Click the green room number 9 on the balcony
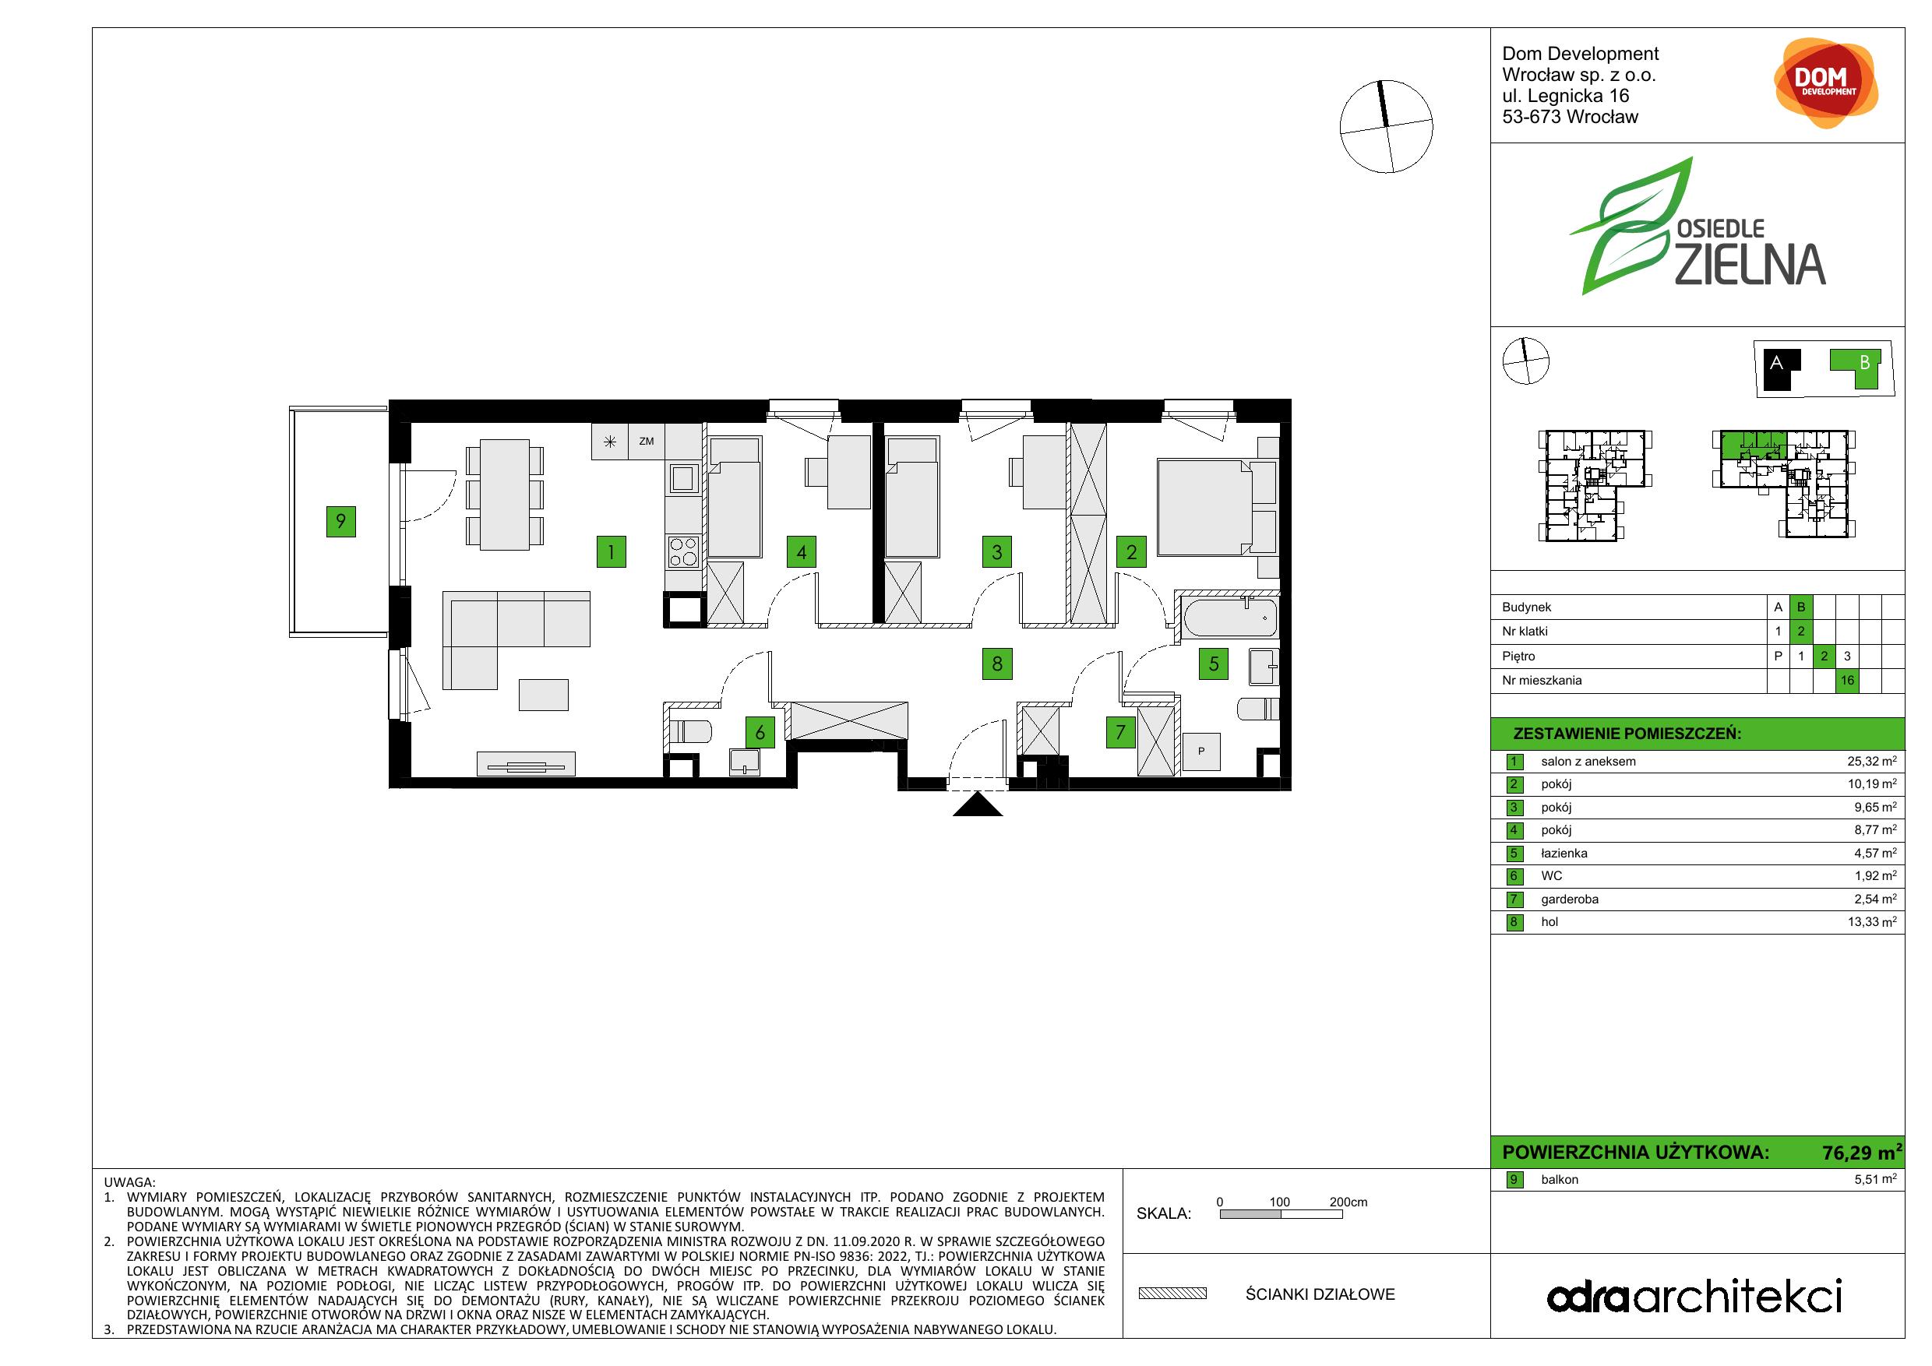(x=340, y=522)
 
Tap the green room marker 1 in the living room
(x=611, y=553)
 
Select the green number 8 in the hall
(x=997, y=664)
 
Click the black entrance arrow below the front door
(x=978, y=805)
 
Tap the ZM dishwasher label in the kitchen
(x=647, y=441)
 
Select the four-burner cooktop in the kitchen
(x=683, y=552)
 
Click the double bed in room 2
(x=1217, y=507)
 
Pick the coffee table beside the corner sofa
(x=544, y=695)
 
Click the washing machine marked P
(x=1201, y=751)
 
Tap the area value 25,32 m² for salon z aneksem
(x=1871, y=761)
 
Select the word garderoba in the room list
(x=1569, y=900)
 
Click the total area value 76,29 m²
(x=1861, y=1153)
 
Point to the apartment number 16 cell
(x=1847, y=681)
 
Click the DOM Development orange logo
(x=1825, y=83)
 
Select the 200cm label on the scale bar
(x=1348, y=1202)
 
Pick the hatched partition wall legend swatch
(x=1172, y=1294)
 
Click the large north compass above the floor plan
(x=1385, y=127)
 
